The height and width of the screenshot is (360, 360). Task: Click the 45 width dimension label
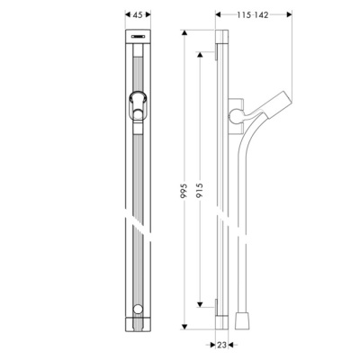pyautogui.click(x=138, y=14)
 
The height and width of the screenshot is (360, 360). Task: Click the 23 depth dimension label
pyautogui.click(x=223, y=345)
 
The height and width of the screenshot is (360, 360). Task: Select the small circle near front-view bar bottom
pyautogui.click(x=137, y=312)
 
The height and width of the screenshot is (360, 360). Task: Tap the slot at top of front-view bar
pyautogui.click(x=137, y=39)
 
